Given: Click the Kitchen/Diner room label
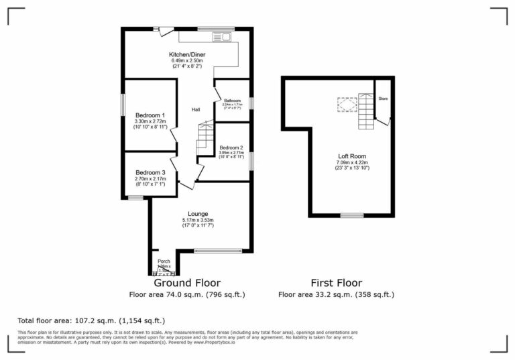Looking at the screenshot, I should pyautogui.click(x=186, y=54).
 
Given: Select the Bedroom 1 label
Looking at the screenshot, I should pyautogui.click(x=150, y=115).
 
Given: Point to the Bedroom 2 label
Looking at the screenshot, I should pyautogui.click(x=231, y=147).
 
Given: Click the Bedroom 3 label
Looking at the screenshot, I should pyautogui.click(x=150, y=172).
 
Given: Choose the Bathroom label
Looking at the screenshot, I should pyautogui.click(x=232, y=101).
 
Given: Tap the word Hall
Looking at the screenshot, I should pyautogui.click(x=196, y=110).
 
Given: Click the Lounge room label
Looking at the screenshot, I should pyautogui.click(x=198, y=214).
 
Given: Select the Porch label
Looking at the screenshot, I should pyautogui.click(x=164, y=261).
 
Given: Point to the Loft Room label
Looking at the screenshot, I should pyautogui.click(x=352, y=156).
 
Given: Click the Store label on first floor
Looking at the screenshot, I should pyautogui.click(x=384, y=99).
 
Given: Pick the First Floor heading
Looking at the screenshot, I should pyautogui.click(x=337, y=283).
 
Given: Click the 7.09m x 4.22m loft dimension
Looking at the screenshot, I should pyautogui.click(x=352, y=162).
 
